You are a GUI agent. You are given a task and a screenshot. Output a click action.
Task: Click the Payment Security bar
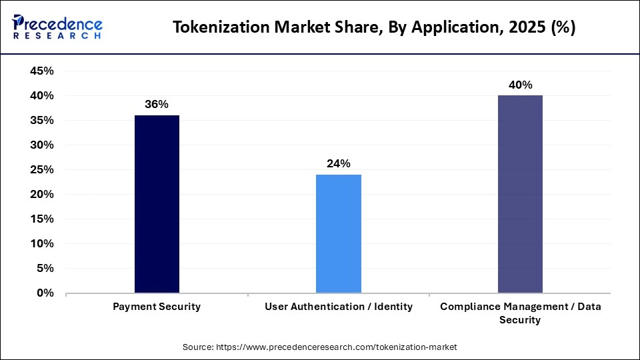[x=157, y=204]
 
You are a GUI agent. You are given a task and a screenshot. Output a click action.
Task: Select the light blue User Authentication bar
[x=339, y=233]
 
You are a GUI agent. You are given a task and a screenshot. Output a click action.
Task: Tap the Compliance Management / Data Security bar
[x=520, y=194]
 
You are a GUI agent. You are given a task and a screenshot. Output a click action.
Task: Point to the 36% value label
[x=157, y=105]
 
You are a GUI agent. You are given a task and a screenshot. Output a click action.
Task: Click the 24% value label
[x=339, y=164]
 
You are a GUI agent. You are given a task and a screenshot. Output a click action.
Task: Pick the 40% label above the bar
[x=520, y=85]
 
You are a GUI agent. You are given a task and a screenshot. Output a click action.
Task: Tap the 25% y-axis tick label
[x=42, y=170]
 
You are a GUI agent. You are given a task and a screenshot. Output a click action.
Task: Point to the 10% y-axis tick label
[x=42, y=243]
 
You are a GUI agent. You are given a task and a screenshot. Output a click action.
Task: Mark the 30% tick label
[x=42, y=145]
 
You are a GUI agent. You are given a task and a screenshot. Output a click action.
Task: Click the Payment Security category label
[x=157, y=307]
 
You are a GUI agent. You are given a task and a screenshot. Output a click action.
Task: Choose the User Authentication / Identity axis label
[x=339, y=307]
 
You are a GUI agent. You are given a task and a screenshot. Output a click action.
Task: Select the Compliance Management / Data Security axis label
[x=520, y=313]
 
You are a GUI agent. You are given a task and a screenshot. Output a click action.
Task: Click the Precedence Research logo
[x=57, y=27]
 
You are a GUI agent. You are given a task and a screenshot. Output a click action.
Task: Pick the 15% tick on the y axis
[x=42, y=219]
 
